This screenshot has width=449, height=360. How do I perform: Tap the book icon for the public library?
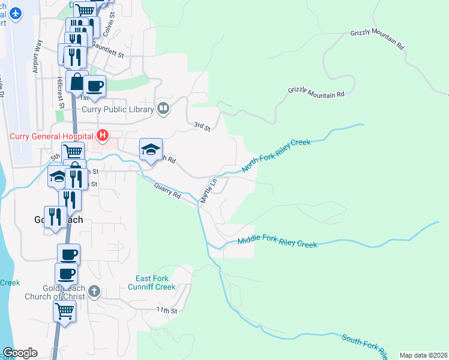click(x=163, y=109)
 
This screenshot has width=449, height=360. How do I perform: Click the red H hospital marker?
click(x=103, y=136)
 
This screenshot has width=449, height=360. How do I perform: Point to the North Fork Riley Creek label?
click(x=276, y=155)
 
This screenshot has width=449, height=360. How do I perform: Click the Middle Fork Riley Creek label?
click(x=277, y=242)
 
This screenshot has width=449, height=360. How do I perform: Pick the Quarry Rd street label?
click(x=167, y=191)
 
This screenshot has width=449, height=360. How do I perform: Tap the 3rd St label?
click(x=202, y=127)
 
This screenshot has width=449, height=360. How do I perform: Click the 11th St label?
click(x=167, y=310)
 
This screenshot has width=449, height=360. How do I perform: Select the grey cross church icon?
click(x=93, y=292)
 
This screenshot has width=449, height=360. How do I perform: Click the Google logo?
click(x=20, y=353)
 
